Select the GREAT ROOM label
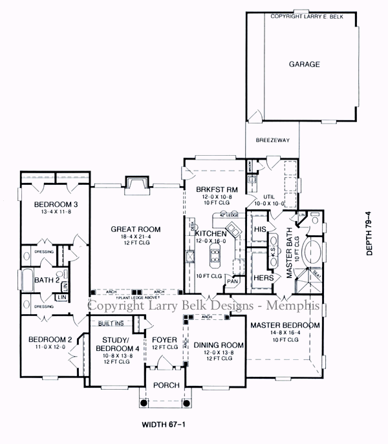(x=135, y=229)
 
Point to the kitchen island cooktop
(x=215, y=254)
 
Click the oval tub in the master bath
(x=309, y=249)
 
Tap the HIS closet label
(x=261, y=229)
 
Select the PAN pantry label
(x=231, y=281)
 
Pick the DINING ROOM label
(x=215, y=346)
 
